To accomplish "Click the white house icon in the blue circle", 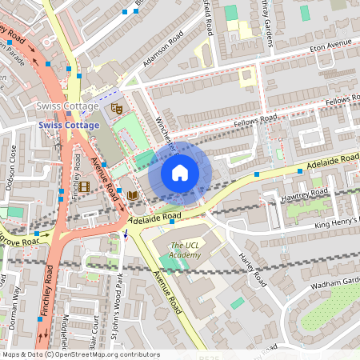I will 180,173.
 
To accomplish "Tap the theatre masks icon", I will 117,108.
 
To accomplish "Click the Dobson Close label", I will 12,163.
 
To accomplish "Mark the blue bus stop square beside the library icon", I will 118,192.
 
